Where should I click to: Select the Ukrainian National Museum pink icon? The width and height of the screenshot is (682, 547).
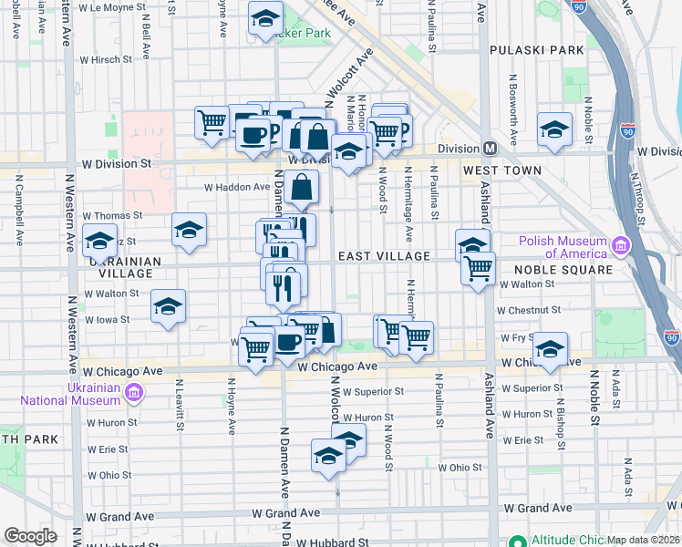pos(134,392)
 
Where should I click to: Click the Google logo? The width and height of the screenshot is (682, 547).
pos(30,536)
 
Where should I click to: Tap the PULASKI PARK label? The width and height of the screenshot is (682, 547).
pos(535,49)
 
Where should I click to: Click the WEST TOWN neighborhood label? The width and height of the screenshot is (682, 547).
pos(501,170)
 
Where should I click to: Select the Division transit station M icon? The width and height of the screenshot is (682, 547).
pos(490,149)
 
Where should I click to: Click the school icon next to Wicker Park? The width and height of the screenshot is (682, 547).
pos(265,16)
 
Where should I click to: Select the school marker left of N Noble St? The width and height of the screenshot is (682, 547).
pos(553,128)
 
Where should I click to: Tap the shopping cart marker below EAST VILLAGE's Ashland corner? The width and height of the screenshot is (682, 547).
pos(478,269)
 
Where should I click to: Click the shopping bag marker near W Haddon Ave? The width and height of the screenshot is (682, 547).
pos(301,187)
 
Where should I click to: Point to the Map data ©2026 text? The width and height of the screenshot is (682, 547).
pos(644,540)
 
